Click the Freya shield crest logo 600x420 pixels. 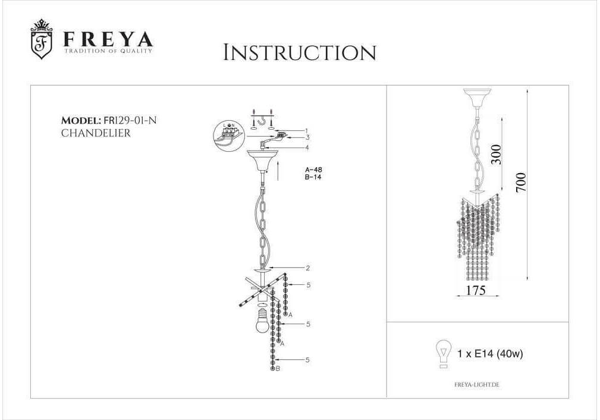coord(41,40)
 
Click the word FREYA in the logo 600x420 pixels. coord(108,39)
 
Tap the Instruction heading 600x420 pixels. coord(300,53)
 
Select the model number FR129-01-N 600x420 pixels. coord(130,120)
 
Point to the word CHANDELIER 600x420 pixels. coord(96,133)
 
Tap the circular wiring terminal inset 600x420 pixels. coord(229,136)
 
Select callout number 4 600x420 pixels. coord(307,148)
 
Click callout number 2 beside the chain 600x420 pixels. coord(308,268)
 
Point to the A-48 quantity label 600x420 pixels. coord(313,170)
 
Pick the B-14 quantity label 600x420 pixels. coord(313,177)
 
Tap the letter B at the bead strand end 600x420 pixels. coord(278,369)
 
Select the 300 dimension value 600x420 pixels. coord(496,154)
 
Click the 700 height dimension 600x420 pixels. coord(521,183)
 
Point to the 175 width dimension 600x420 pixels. coord(476,290)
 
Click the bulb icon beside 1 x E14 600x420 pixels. coord(444,354)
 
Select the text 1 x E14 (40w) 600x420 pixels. coord(490,354)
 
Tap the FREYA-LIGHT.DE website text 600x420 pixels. coord(477,385)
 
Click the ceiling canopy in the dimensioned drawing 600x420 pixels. coord(477,98)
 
